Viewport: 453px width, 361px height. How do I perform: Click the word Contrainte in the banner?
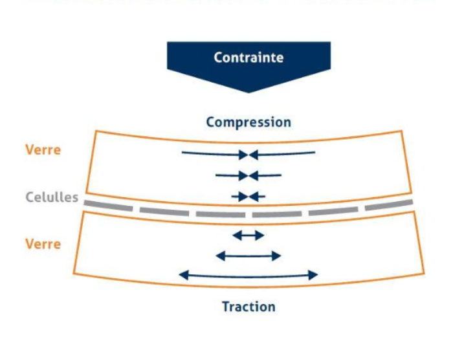[249, 57]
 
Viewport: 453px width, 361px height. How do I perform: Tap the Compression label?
[249, 122]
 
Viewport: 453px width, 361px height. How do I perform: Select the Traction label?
[249, 306]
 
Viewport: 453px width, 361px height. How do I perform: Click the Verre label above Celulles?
[43, 149]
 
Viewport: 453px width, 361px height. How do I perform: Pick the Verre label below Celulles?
[43, 244]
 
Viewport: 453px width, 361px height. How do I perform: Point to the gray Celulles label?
[52, 197]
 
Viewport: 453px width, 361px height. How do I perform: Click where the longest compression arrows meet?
[249, 154]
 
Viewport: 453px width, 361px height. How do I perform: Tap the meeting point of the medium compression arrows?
[249, 175]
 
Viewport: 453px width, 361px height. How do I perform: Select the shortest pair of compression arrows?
[249, 196]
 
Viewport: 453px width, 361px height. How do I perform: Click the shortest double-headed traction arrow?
[249, 235]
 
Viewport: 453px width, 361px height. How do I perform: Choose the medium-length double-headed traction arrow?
[249, 256]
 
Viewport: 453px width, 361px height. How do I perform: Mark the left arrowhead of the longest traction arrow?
[182, 275]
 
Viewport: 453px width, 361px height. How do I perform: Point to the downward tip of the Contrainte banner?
[249, 91]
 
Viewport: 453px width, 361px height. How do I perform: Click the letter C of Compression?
[211, 122]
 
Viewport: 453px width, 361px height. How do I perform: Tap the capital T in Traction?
[226, 306]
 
